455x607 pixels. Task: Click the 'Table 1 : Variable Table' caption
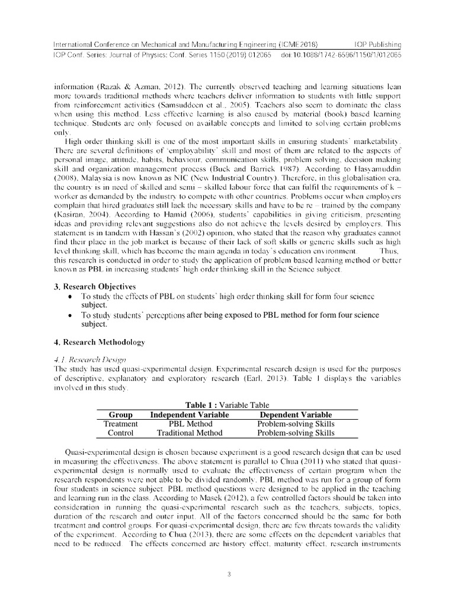coord(227,405)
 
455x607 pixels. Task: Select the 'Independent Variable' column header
coord(190,415)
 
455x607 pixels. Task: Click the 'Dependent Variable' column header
coord(296,415)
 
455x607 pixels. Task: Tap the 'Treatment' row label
coord(120,424)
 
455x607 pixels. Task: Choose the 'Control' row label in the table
coord(120,433)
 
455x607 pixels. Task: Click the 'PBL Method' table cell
coord(190,424)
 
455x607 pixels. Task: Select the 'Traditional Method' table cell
coord(190,433)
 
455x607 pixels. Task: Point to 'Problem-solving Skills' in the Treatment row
coord(296,424)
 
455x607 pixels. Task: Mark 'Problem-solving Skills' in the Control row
coord(296,433)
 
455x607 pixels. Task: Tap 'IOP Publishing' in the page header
coord(377,45)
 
